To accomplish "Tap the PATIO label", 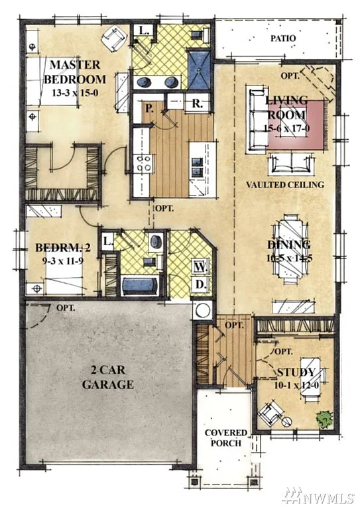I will click(x=282, y=38).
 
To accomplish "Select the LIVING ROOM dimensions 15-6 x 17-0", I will click(x=286, y=129).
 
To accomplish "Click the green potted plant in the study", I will click(x=324, y=420).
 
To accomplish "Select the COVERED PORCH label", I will click(x=225, y=438).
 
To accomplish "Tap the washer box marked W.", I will click(x=198, y=266).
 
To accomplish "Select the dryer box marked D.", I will click(x=198, y=285).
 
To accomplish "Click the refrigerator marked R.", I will click(x=197, y=104).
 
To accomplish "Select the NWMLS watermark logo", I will click(x=320, y=494).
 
